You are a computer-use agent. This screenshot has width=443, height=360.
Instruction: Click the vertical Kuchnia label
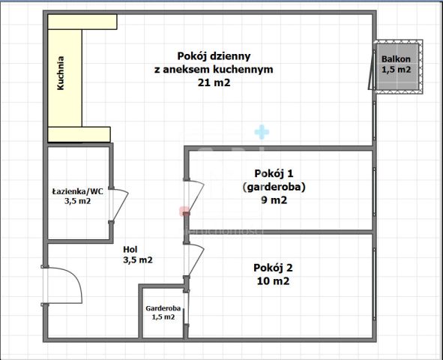pos(61,73)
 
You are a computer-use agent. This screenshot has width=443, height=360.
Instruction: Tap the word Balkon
pos(396,58)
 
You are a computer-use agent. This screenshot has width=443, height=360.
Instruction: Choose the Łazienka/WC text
pos(77,190)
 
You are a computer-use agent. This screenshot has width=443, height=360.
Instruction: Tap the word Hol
pos(130,249)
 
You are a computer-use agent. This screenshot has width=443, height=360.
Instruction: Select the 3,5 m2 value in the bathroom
pos(77,201)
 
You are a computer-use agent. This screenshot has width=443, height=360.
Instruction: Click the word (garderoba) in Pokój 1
pos(274,186)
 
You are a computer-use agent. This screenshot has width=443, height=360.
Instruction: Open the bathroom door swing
pos(119,204)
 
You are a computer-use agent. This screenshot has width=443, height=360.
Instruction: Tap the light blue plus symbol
pos(261,132)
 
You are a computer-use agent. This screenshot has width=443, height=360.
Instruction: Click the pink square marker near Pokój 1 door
pos(182,211)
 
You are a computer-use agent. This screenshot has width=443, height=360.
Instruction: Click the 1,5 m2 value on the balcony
pos(396,70)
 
